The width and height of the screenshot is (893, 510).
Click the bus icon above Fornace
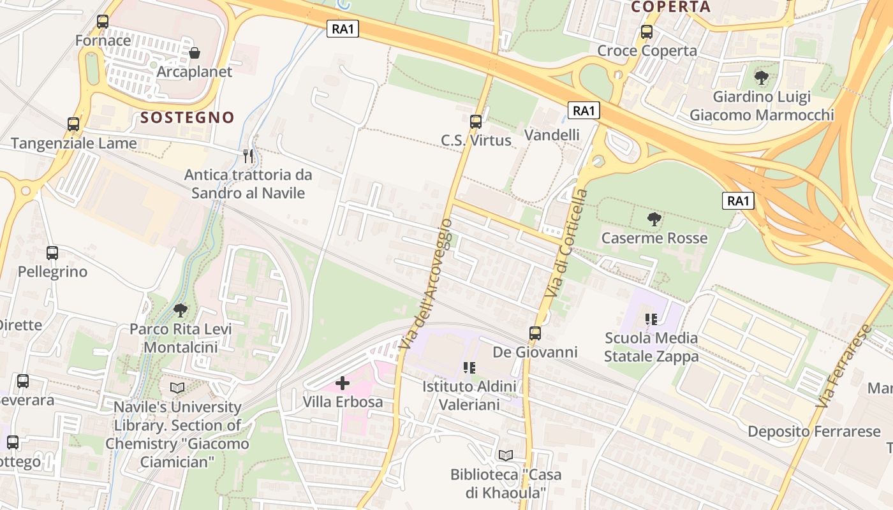tap(103, 22)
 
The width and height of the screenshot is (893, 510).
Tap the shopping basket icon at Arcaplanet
tap(195, 53)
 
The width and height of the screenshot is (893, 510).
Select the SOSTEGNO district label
tap(188, 117)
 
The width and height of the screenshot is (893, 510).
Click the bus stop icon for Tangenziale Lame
tap(73, 124)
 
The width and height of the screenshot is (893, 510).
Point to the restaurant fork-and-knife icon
tap(248, 156)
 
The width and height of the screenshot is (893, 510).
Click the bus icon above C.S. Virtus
tap(475, 121)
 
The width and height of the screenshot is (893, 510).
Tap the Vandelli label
tap(552, 135)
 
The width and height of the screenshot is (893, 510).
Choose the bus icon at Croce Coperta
tap(647, 32)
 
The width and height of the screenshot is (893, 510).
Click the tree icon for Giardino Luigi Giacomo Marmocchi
tap(761, 78)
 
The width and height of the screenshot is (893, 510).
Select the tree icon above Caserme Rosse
tap(654, 219)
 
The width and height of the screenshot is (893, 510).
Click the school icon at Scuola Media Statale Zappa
tap(651, 319)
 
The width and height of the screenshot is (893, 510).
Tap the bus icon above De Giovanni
tap(535, 333)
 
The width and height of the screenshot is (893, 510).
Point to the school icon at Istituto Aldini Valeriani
tap(469, 367)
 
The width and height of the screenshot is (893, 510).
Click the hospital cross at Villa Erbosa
tap(343, 383)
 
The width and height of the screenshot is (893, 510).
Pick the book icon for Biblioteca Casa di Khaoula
tap(506, 455)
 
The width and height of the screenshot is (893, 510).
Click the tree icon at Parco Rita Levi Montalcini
tap(181, 310)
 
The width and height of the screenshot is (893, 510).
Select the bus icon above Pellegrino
tap(52, 253)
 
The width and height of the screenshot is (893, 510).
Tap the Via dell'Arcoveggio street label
tap(427, 284)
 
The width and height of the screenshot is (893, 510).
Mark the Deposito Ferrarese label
tap(814, 432)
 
